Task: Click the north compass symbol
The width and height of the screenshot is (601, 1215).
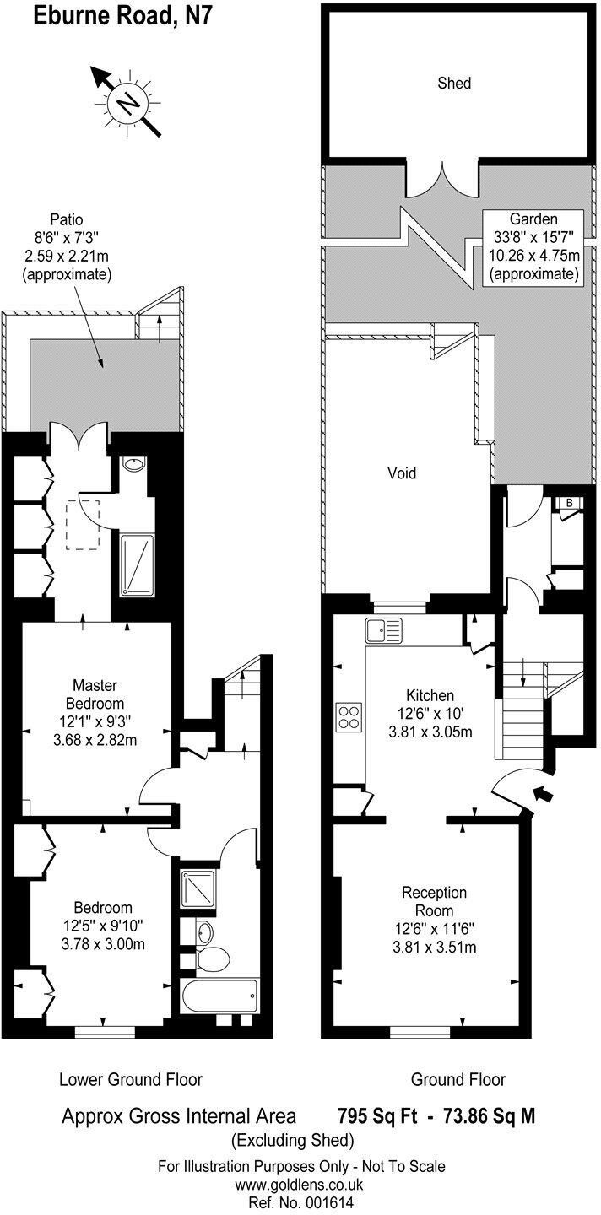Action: pos(127,103)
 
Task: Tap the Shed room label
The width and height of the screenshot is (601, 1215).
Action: pos(454,83)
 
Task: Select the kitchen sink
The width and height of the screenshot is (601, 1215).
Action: pos(383,629)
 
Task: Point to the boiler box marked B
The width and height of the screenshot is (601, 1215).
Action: pos(570,504)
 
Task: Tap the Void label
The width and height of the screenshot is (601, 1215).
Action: pos(402,472)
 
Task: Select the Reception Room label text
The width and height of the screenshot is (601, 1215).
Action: pos(434,901)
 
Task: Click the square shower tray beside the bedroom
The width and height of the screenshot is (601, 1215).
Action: pos(199,888)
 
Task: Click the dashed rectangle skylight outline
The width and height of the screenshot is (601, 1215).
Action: pos(83,524)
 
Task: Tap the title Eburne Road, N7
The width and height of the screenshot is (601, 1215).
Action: pos(115,16)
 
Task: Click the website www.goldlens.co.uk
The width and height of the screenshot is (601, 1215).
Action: pos(301,1185)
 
